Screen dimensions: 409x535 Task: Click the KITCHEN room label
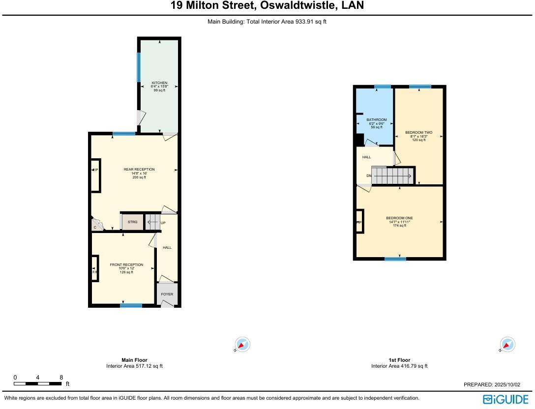pyautogui.click(x=159, y=83)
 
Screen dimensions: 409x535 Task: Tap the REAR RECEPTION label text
pyautogui.click(x=139, y=170)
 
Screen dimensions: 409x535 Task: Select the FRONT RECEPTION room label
pyautogui.click(x=126, y=265)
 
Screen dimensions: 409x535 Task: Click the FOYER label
pyautogui.click(x=167, y=294)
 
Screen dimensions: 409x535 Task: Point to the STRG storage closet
pyautogui.click(x=132, y=222)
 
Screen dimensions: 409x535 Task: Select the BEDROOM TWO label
pyautogui.click(x=418, y=132)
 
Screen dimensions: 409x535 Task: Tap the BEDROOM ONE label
pyautogui.click(x=399, y=218)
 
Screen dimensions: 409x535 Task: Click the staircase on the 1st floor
pyautogui.click(x=393, y=175)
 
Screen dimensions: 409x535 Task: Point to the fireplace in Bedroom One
pyautogui.click(x=359, y=222)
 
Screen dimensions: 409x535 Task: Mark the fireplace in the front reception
pyautogui.click(x=94, y=268)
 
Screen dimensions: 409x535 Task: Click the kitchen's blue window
pyautogui.click(x=139, y=67)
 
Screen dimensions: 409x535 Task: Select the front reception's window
pyautogui.click(x=131, y=305)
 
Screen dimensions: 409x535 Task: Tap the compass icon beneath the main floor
pyautogui.click(x=242, y=345)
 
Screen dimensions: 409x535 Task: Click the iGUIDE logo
pyautogui.click(x=505, y=399)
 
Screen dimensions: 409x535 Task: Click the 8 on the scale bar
pyautogui.click(x=61, y=378)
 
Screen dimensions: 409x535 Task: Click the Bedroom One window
pyautogui.click(x=395, y=259)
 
